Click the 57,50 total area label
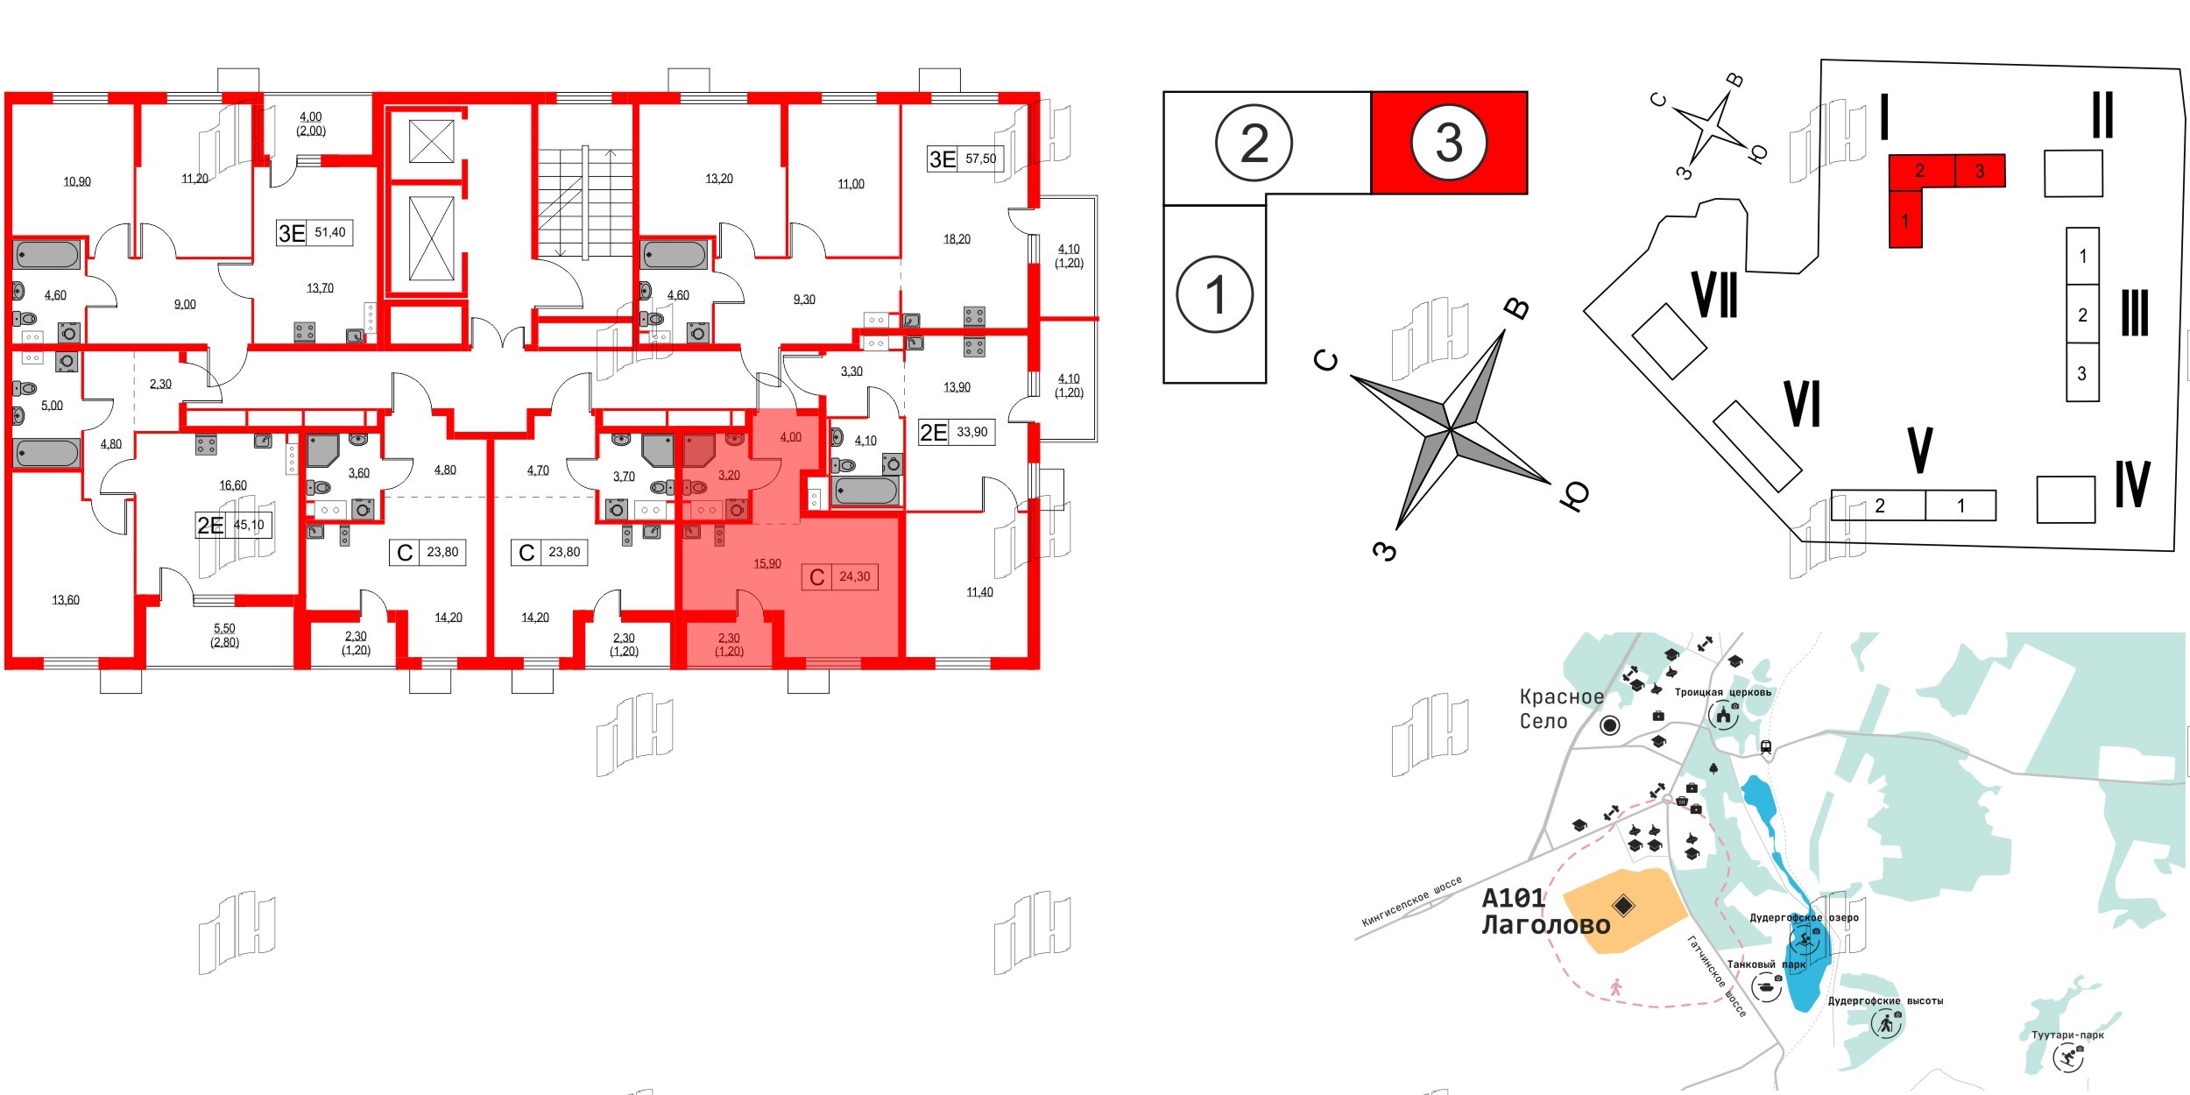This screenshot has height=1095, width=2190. tap(980, 159)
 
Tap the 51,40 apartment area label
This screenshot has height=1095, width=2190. tap(329, 232)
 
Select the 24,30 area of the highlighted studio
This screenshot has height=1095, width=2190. tap(854, 576)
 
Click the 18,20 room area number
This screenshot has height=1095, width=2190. tap(957, 238)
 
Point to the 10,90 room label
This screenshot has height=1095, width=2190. tap(77, 181)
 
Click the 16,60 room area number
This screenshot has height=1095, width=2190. tap(233, 484)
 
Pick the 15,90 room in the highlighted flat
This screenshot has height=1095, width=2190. tap(767, 563)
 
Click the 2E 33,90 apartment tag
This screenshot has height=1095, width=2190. tap(956, 432)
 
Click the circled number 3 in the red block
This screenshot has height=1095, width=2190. tap(1449, 142)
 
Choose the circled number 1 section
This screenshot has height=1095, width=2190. tap(1214, 294)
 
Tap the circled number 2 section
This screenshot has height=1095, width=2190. tap(1254, 143)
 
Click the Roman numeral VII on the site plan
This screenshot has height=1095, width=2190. tap(1715, 295)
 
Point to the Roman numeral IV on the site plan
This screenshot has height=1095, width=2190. tap(2132, 484)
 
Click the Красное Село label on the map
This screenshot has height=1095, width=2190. tap(1561, 709)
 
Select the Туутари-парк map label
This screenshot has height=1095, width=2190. tap(2067, 1035)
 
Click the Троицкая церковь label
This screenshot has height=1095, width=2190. tap(1722, 692)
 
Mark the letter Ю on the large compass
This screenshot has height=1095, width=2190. tap(1574, 497)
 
